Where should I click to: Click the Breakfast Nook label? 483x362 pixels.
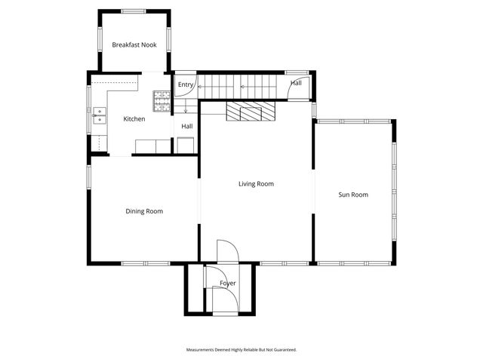coord(134,45)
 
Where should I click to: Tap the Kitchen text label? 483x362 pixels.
coord(134,119)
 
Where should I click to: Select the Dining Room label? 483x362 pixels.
coord(144,211)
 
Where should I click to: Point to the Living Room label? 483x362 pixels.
coord(256,184)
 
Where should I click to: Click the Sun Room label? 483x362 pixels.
coord(353,195)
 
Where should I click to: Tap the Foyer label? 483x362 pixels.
coord(228,284)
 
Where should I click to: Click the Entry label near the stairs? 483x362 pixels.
coord(186,84)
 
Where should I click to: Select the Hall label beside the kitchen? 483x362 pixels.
coord(187,126)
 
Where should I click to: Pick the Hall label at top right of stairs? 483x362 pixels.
coord(296,83)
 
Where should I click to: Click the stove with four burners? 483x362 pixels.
coord(162,98)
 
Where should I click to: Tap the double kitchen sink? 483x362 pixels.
coord(98,116)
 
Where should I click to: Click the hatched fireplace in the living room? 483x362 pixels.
coord(251,112)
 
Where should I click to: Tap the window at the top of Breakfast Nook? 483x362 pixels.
coord(134,11)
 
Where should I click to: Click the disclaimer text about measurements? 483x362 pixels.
coord(241,350)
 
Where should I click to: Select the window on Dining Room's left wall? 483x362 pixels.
coord(89,178)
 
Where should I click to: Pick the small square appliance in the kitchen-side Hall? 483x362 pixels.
coord(185,146)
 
